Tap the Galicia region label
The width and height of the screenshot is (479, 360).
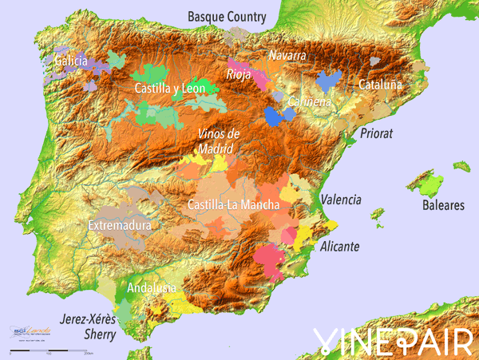(71, 60)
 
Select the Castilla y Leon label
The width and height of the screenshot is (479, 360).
(170, 89)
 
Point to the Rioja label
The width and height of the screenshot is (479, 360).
(239, 75)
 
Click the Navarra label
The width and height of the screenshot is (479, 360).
(287, 56)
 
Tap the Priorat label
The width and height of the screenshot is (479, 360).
(377, 133)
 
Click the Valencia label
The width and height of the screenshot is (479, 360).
(341, 200)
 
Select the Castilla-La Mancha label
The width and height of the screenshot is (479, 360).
(233, 205)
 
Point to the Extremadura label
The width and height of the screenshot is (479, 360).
(120, 226)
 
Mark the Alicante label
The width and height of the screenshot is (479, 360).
(339, 247)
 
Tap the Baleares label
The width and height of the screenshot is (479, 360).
(443, 205)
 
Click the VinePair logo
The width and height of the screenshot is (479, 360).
(392, 341)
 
